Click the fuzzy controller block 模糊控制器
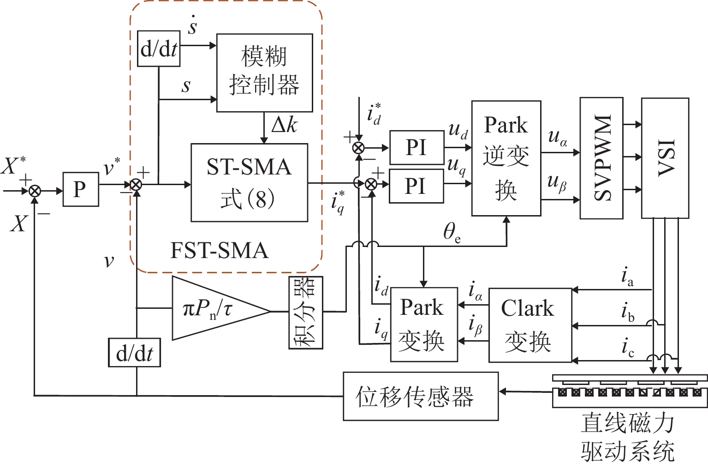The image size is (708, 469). [x=264, y=72]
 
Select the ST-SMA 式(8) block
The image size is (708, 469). [x=249, y=183]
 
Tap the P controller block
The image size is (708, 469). [x=80, y=189]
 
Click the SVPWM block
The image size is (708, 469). [x=601, y=158]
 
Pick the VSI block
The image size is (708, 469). [x=665, y=158]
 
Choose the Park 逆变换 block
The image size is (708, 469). [x=506, y=158]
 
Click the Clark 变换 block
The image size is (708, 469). [x=530, y=325]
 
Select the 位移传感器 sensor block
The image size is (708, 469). [x=420, y=396]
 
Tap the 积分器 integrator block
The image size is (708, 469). [x=305, y=313]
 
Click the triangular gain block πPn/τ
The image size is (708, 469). [x=212, y=309]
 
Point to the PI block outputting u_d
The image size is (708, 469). [x=416, y=148]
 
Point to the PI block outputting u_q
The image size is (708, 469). [x=416, y=186]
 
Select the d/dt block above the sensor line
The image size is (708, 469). [x=134, y=353]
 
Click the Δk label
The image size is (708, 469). [x=284, y=125]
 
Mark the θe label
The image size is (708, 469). [x=451, y=232]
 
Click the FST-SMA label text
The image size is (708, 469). [x=219, y=251]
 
